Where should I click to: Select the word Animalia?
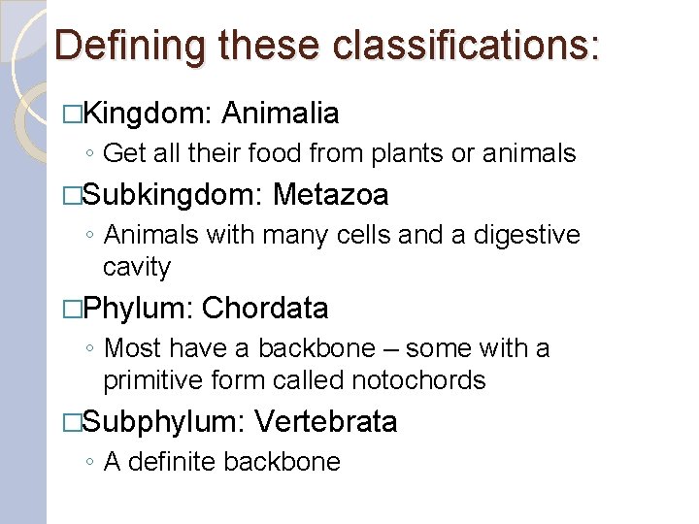pyautogui.click(x=280, y=115)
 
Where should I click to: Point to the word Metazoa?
pyautogui.click(x=331, y=196)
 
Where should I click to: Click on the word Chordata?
pyautogui.click(x=265, y=309)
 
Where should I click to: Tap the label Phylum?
pyautogui.click(x=139, y=309)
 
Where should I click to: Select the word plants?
pyautogui.click(x=424, y=153)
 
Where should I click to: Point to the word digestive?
pyautogui.click(x=526, y=235)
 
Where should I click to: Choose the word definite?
pyautogui.click(x=171, y=462)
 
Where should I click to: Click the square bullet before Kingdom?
pyautogui.click(x=69, y=115)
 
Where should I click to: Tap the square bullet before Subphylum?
pyautogui.click(x=69, y=423)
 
